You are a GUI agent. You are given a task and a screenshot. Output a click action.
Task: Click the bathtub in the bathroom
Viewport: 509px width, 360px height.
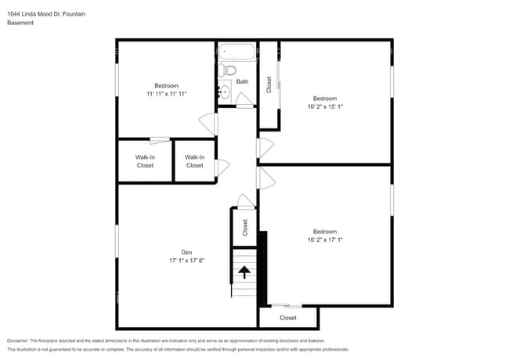click(236, 53)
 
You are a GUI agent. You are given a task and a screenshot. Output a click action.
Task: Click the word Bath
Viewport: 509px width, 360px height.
click(243, 81)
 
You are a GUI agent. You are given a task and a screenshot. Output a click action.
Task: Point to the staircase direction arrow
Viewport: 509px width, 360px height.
click(244, 272)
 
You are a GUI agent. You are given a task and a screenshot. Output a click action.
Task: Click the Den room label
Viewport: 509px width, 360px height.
click(186, 252)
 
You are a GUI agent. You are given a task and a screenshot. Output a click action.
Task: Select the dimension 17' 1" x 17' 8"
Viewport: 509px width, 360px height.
click(186, 261)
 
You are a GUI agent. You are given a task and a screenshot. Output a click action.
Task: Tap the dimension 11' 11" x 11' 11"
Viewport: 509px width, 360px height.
click(166, 94)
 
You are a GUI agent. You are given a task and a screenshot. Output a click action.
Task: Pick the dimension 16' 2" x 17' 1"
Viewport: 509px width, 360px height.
click(324, 240)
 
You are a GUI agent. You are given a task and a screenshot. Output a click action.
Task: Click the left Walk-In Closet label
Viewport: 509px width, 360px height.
click(145, 161)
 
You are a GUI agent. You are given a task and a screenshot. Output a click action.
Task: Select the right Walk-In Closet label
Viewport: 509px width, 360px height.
click(194, 161)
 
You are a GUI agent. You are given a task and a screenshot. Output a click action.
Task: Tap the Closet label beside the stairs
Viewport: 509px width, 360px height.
click(245, 227)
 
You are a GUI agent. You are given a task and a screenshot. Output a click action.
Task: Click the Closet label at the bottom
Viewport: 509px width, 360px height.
click(288, 318)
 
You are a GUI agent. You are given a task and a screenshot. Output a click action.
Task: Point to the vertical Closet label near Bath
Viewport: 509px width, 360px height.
click(269, 85)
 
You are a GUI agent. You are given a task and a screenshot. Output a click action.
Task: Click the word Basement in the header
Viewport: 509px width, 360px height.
click(21, 23)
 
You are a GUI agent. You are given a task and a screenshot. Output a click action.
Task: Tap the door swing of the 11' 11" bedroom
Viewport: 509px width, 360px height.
click(208, 124)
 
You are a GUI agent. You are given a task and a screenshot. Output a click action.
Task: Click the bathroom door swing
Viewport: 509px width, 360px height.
click(244, 99)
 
